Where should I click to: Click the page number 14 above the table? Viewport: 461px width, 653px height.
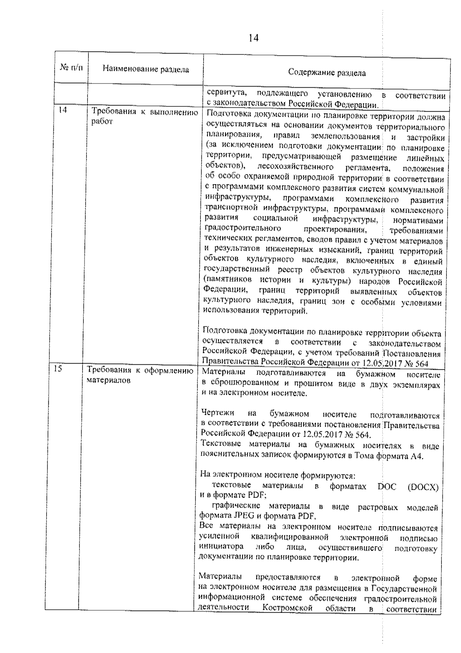tap(254, 38)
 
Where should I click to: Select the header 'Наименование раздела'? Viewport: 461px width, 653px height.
tap(146, 70)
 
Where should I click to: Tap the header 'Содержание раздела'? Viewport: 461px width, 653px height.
tap(327, 73)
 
